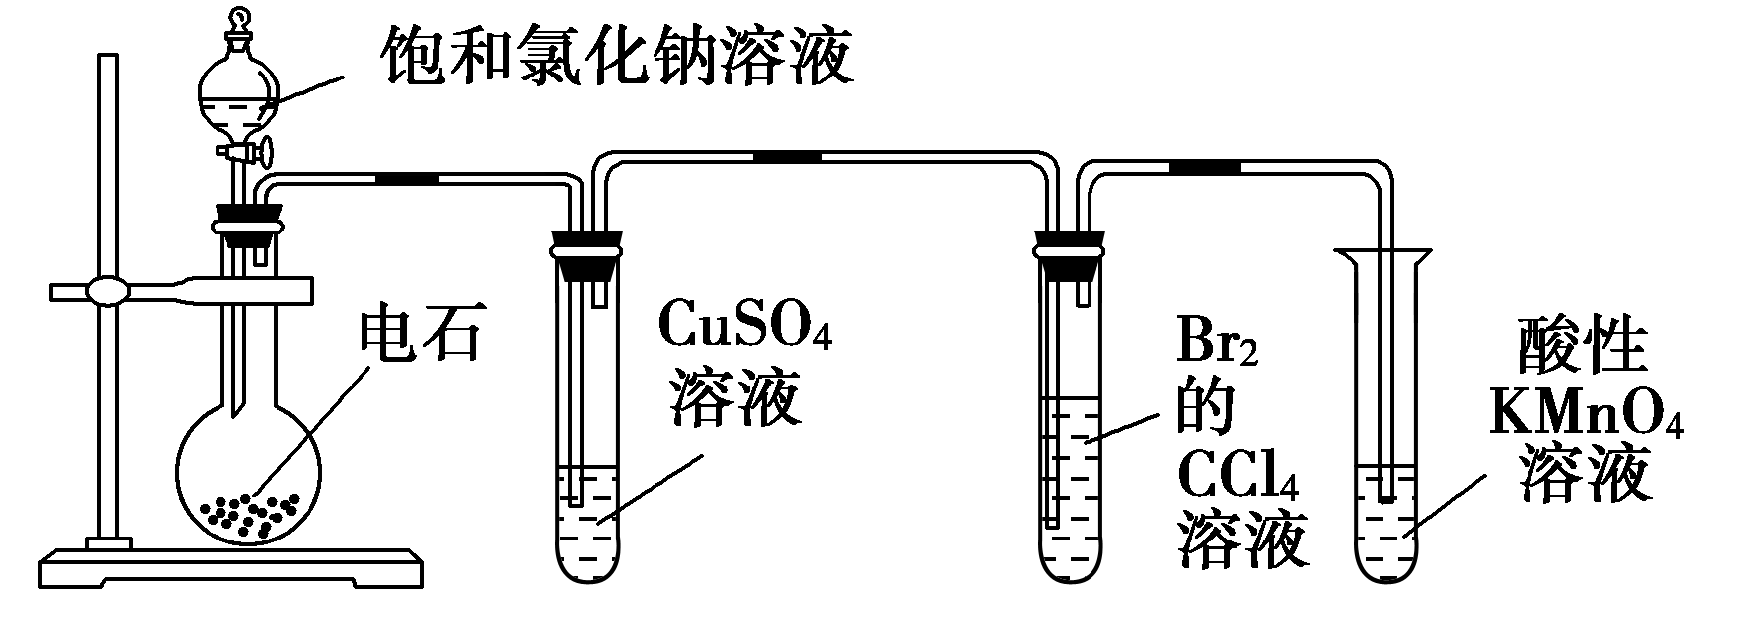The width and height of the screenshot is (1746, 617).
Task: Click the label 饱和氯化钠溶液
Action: (x=616, y=55)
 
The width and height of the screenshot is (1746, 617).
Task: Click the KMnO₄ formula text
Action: (x=1585, y=418)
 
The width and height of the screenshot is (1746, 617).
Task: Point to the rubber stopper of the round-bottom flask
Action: (x=246, y=225)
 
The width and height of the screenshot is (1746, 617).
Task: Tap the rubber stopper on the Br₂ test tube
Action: (x=1070, y=253)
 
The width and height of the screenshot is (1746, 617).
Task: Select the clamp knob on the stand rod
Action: (x=107, y=292)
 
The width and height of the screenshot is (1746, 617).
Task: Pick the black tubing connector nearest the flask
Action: (x=407, y=179)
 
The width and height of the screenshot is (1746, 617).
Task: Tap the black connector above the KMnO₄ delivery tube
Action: (x=1204, y=165)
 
